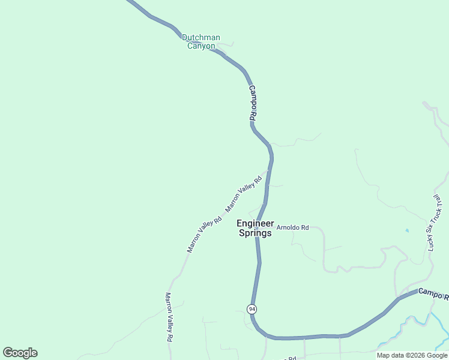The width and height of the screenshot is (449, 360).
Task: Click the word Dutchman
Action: point(201,37)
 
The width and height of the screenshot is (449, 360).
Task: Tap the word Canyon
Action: point(201,46)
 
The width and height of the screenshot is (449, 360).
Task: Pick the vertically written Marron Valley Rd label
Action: point(169,317)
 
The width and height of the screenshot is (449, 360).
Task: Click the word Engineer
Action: point(255,223)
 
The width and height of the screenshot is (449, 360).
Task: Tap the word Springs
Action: point(255,233)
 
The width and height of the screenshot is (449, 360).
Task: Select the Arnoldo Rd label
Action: point(292,227)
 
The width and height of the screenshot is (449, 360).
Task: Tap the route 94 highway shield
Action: point(252,309)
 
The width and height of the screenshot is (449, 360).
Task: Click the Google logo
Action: point(20,353)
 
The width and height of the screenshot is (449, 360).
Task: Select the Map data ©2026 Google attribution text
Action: point(412,355)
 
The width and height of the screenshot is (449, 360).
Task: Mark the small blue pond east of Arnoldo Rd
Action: point(407,230)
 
